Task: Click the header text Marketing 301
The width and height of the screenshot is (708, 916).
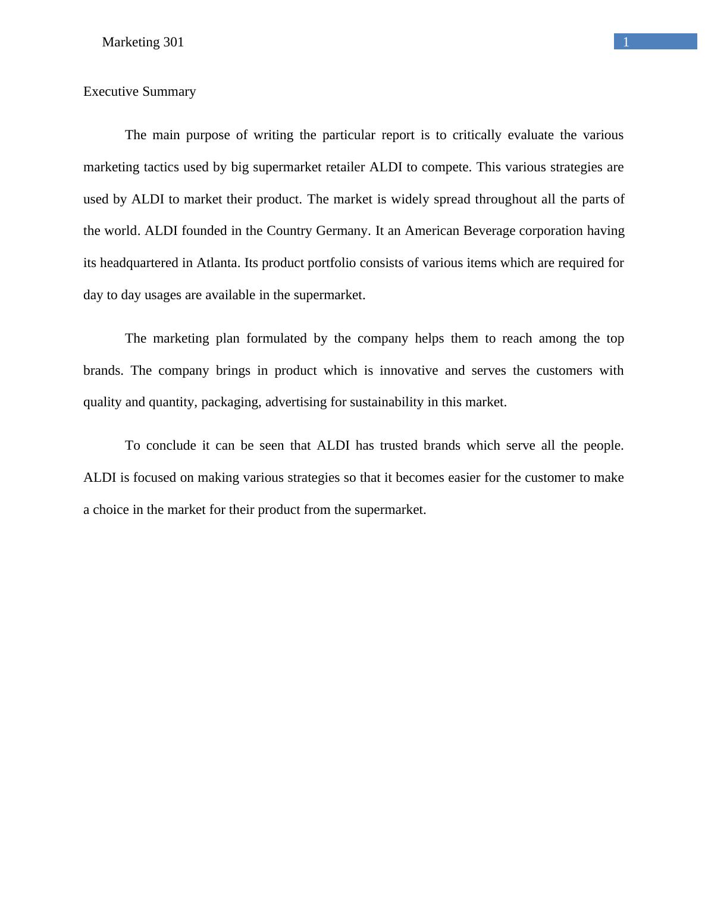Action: tap(143, 42)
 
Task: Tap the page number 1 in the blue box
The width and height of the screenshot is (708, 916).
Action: tap(626, 42)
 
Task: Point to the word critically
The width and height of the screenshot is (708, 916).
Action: tap(477, 135)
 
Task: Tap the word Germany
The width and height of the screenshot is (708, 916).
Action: tap(343, 231)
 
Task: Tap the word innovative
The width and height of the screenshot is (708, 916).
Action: tap(408, 371)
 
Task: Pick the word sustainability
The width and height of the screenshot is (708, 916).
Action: tap(386, 402)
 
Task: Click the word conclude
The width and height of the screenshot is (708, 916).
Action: tap(171, 446)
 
